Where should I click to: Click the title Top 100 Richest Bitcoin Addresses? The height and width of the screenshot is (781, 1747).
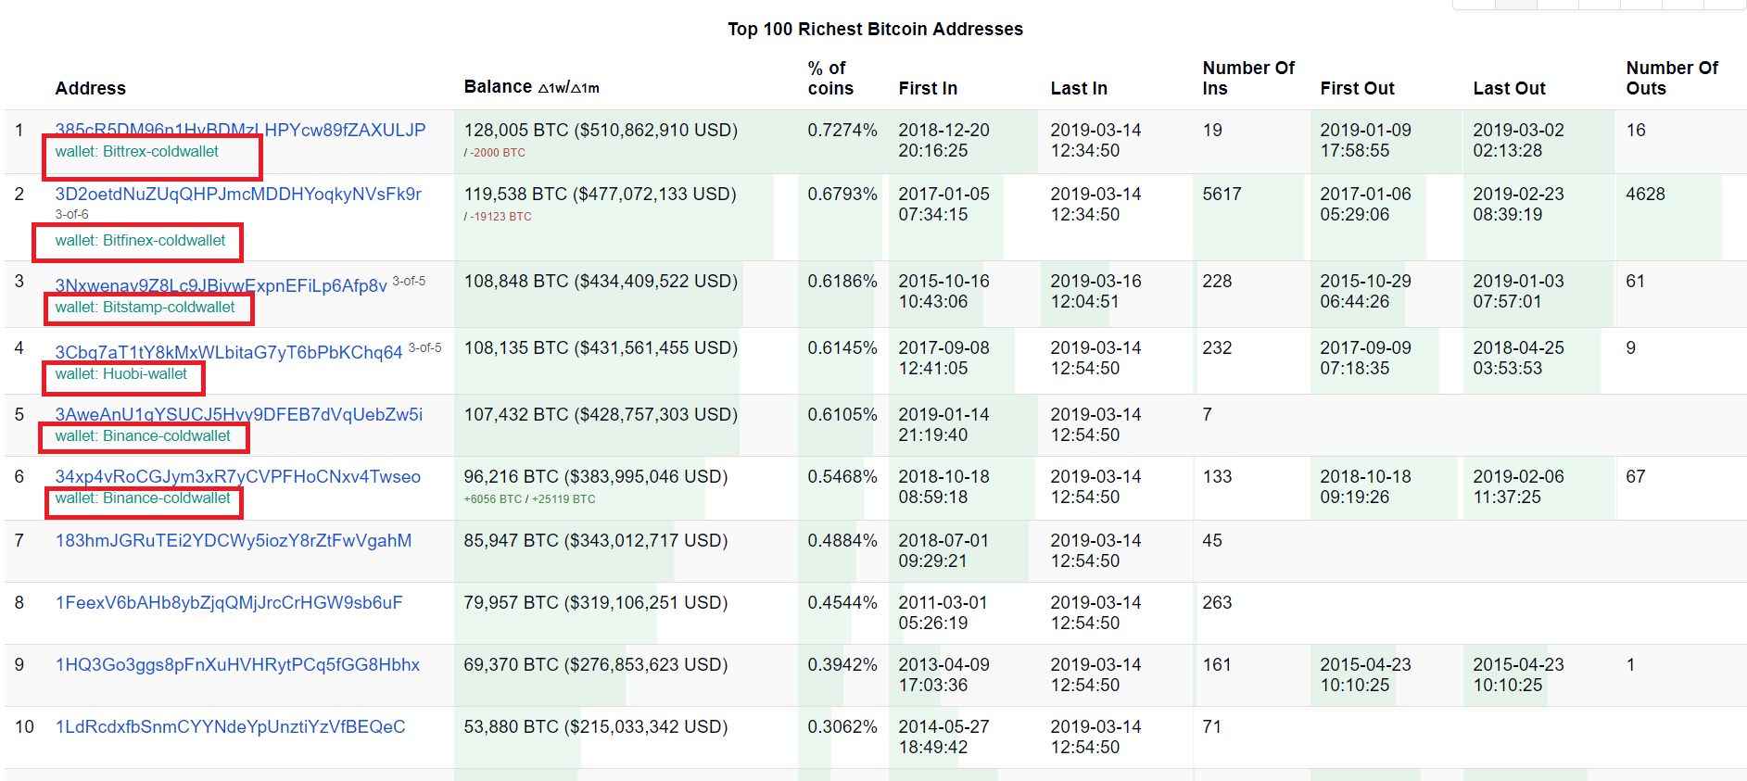coord(875,29)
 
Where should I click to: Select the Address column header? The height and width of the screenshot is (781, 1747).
coord(90,88)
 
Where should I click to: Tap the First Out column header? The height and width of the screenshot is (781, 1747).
coord(1357,88)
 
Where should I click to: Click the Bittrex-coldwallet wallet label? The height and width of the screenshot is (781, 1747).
coord(137,152)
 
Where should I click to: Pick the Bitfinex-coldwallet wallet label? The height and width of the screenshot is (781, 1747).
coord(140,241)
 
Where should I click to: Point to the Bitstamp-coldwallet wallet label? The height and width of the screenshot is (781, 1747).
coord(145,308)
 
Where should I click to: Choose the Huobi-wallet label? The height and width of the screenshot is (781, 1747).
coord(120,374)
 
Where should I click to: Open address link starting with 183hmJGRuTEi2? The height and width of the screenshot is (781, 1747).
coord(234,540)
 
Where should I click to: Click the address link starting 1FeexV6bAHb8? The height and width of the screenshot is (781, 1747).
coord(229,602)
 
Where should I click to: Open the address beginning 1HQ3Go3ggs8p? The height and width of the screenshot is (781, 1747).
coord(237,664)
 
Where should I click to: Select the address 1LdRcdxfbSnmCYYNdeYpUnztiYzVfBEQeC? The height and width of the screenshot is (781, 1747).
coord(231,726)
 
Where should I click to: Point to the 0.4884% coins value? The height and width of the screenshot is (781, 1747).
coord(842,540)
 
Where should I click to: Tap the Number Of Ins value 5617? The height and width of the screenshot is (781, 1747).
coord(1222,194)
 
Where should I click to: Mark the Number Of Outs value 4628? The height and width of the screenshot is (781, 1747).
coord(1645,194)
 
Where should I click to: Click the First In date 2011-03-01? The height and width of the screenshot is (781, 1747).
coord(943,602)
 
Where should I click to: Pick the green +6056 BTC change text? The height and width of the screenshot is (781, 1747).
coord(493,499)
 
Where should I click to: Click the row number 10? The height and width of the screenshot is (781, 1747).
coord(24,726)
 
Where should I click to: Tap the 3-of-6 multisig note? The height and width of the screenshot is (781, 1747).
coord(71,214)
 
